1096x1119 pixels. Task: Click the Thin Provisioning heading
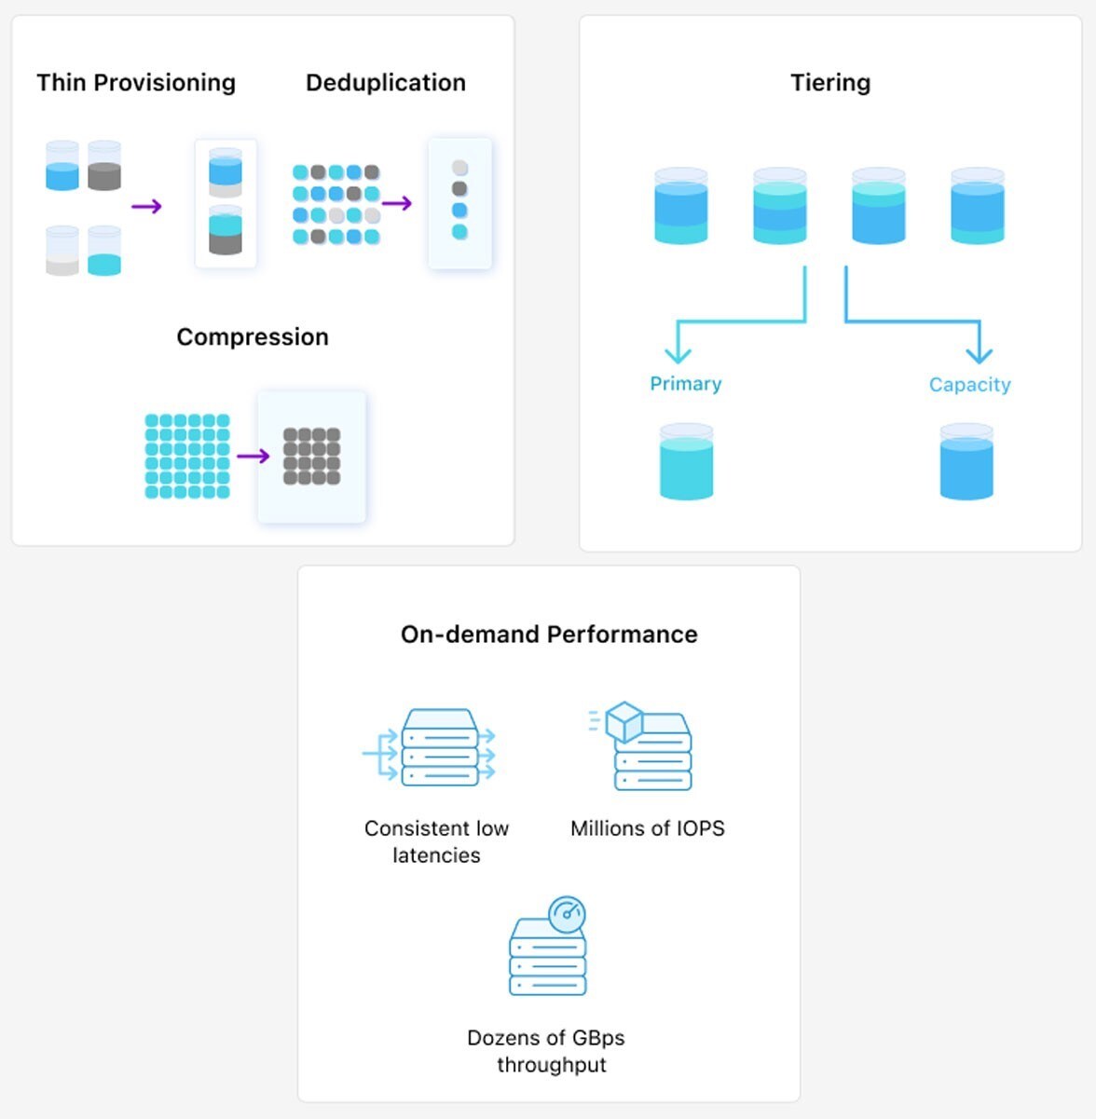136,83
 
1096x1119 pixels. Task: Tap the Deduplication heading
385,83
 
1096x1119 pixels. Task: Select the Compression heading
253,336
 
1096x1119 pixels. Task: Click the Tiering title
830,83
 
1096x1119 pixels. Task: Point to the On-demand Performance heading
549,635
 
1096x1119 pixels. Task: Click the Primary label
686,384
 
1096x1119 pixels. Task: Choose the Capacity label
969,385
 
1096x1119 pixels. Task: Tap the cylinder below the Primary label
686,462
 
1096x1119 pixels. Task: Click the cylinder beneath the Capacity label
966,462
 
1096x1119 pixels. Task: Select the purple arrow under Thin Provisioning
146,206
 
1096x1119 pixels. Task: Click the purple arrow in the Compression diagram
253,456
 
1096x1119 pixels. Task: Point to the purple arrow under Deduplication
397,203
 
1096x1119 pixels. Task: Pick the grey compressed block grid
311,457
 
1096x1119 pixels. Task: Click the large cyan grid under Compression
187,457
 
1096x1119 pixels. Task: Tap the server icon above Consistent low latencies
439,748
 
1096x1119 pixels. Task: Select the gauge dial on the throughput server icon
567,914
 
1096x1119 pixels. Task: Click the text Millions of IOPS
647,828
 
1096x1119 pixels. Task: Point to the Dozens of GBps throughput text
547,1051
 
